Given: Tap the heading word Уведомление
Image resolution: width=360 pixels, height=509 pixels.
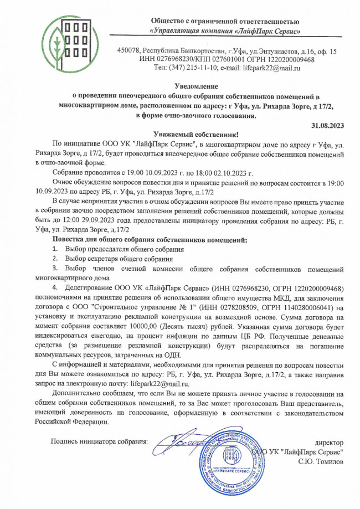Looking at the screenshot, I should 196,86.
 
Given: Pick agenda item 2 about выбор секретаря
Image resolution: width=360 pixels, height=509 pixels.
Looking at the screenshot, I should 114,259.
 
